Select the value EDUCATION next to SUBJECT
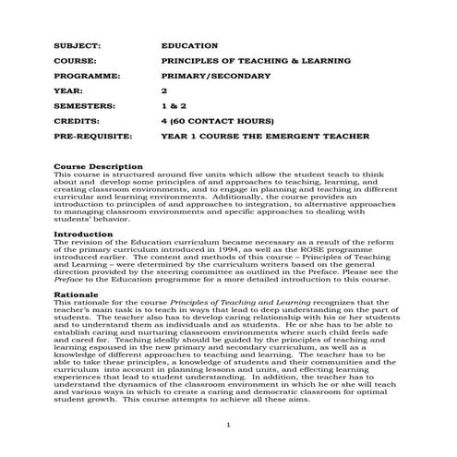(x=189, y=44)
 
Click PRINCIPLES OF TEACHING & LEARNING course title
(x=243, y=60)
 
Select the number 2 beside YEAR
(x=164, y=90)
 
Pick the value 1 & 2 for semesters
(x=173, y=106)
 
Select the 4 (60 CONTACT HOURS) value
(x=217, y=121)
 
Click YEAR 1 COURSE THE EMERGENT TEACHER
(x=265, y=137)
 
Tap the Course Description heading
(x=99, y=166)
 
